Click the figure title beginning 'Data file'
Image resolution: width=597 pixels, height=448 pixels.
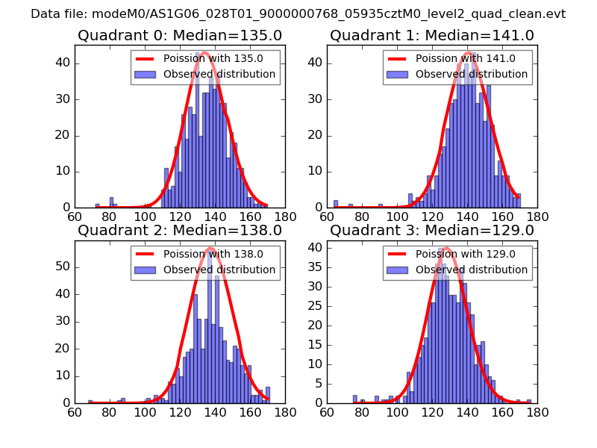point(298,14)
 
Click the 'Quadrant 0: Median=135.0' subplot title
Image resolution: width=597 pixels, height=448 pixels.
point(179,35)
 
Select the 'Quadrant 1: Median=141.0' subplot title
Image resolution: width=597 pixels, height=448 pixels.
point(432,35)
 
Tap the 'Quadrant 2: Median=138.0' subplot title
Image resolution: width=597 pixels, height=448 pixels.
point(179,231)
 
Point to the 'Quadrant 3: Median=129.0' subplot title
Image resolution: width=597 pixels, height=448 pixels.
point(432,231)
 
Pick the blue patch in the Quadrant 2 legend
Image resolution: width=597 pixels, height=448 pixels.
point(146,270)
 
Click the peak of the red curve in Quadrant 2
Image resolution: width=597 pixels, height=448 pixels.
point(210,248)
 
